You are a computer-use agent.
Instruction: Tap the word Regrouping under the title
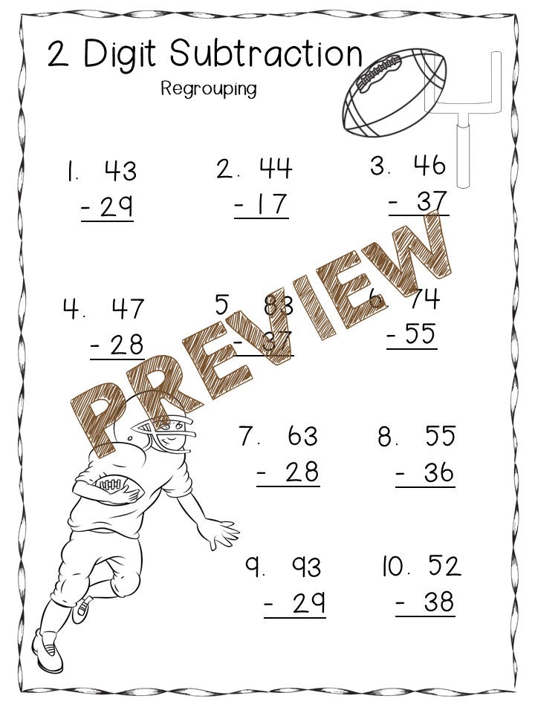click(209, 89)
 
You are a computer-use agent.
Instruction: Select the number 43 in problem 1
click(120, 171)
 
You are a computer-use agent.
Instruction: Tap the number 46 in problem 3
click(429, 166)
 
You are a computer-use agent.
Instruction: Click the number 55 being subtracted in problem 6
click(421, 335)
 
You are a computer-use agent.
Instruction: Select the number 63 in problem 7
click(302, 436)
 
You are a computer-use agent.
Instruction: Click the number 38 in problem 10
click(438, 603)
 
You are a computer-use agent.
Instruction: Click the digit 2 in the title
click(59, 55)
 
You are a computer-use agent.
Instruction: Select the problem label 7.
click(248, 436)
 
